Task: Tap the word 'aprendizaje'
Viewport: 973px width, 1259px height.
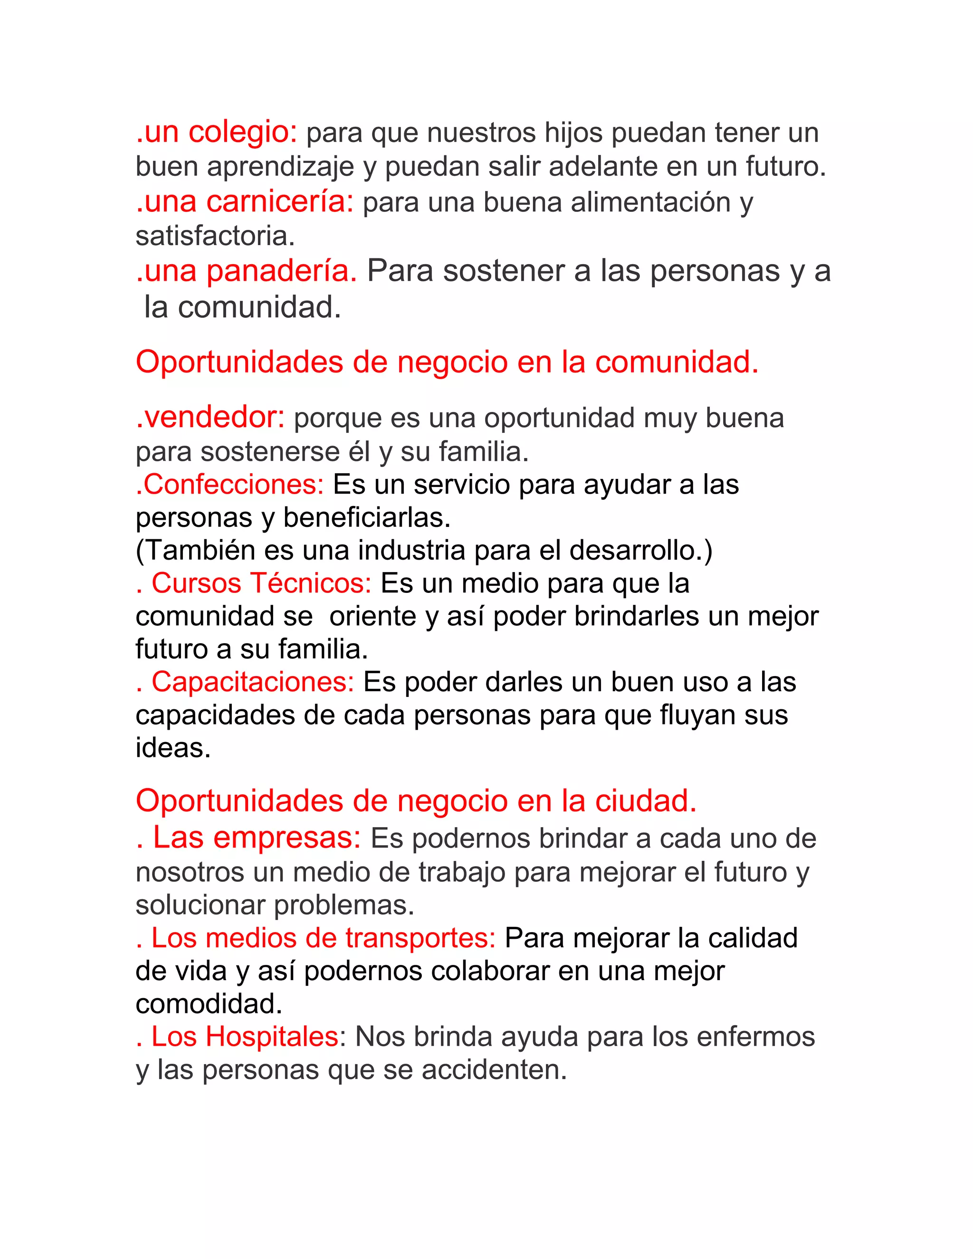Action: (x=280, y=167)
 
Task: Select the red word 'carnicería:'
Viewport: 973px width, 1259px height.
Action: (x=279, y=202)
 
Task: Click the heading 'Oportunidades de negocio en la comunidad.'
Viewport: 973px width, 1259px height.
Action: (x=447, y=362)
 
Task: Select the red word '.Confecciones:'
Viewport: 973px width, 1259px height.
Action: (x=230, y=485)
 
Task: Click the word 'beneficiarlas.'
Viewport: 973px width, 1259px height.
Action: (x=367, y=518)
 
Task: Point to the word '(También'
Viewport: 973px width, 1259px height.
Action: (x=195, y=551)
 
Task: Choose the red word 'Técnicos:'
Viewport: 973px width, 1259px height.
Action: (x=310, y=583)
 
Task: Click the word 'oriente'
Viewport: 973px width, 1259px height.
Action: (x=372, y=617)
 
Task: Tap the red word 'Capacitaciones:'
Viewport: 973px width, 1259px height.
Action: (x=252, y=683)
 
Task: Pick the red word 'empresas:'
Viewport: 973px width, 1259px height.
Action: (x=286, y=838)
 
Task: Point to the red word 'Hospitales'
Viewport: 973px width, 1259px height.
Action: (x=273, y=1037)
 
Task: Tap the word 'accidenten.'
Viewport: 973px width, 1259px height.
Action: (x=494, y=1070)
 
